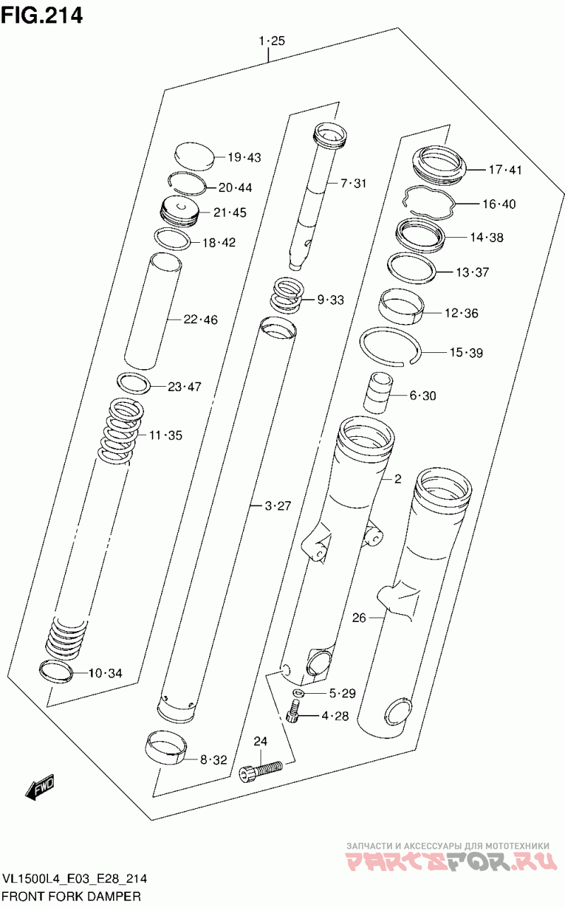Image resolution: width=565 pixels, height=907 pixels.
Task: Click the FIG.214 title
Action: tap(42, 15)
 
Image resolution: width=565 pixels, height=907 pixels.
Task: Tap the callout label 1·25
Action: tap(272, 40)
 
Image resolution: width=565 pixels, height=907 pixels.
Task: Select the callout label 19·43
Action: tap(244, 157)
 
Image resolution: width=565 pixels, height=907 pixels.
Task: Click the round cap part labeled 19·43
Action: tap(194, 156)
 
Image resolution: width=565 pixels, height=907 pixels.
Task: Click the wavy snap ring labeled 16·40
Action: tap(429, 203)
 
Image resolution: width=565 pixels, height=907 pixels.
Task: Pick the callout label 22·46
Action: tap(201, 320)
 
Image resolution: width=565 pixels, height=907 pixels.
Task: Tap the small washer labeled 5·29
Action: tap(299, 693)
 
